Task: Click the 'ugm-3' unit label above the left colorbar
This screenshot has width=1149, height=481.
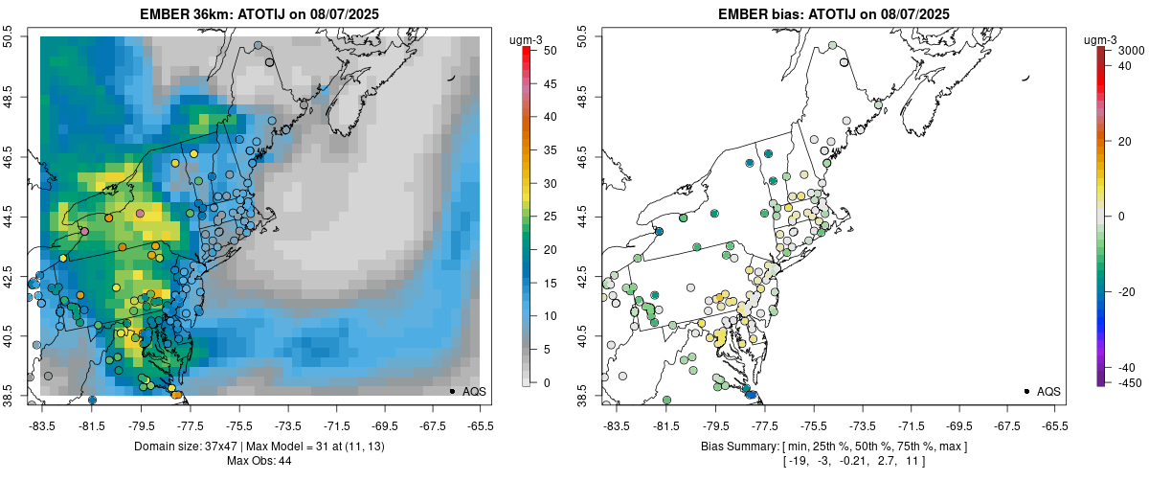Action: pyautogui.click(x=527, y=39)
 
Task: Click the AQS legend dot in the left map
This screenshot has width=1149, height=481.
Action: pyautogui.click(x=452, y=391)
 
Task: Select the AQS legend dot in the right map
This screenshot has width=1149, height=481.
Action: pyautogui.click(x=1026, y=391)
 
